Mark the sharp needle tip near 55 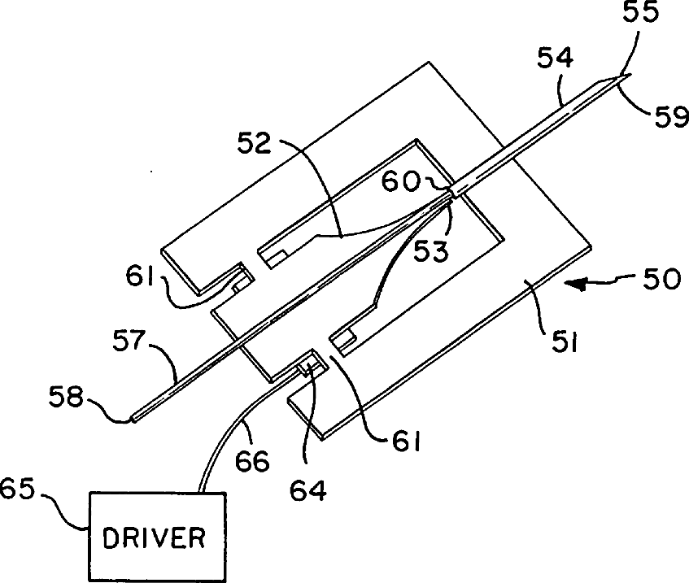(629, 76)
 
